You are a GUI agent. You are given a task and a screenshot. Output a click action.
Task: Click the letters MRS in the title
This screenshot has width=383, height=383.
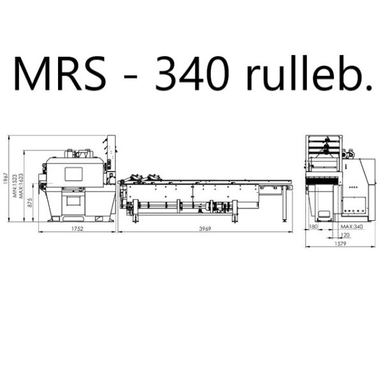60,73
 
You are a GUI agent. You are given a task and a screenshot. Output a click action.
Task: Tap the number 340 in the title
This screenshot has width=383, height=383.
191,73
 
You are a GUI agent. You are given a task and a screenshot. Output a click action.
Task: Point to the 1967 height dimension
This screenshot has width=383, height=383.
6,179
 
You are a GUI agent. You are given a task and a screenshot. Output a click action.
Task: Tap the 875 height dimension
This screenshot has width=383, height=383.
30,203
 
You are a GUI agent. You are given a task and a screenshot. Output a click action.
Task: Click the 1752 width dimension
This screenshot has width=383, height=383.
77,229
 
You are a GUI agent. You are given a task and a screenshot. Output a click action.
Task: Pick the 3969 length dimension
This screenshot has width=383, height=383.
205,229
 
